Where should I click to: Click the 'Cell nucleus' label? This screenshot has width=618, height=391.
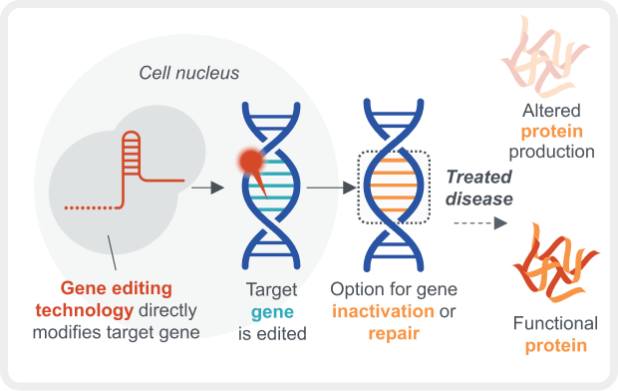pos(187,74)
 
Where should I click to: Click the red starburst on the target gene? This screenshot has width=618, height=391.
pos(252,161)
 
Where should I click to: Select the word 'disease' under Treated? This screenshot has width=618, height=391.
pos(478,198)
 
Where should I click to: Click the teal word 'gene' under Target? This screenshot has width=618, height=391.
pos(269,311)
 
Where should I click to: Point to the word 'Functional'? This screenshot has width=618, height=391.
pos(555,324)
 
